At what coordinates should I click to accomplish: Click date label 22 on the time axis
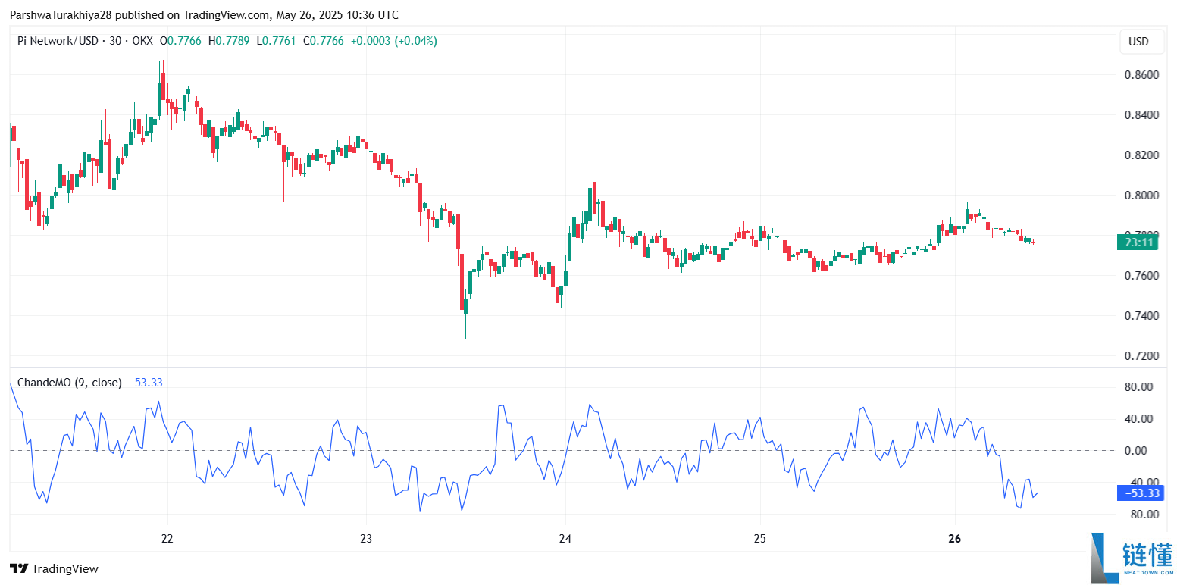pos(167,539)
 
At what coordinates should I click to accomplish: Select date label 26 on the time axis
pos(954,539)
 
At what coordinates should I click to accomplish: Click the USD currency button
pos(1141,42)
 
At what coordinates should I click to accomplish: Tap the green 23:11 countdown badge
pos(1139,242)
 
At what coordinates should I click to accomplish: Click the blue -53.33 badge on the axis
pos(1141,493)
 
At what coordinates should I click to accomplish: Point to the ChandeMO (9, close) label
pos(69,383)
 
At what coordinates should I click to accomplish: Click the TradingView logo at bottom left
pos(54,568)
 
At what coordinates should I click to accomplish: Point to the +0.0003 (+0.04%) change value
pos(393,41)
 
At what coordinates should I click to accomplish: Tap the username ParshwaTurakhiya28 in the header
pos(61,15)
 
